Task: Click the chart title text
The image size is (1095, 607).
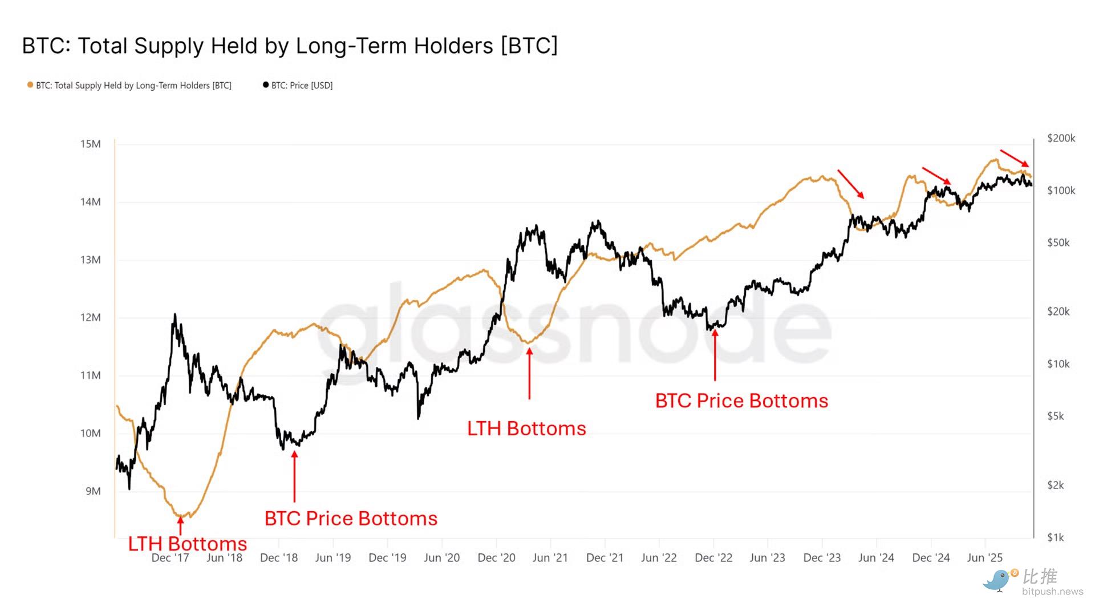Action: coord(290,46)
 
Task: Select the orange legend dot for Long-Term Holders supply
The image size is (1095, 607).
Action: coord(30,85)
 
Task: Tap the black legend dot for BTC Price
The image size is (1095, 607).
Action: coord(266,85)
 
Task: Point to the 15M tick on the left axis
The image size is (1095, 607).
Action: coord(90,144)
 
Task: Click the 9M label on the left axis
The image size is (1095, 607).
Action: coord(93,491)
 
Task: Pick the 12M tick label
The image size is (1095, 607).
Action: coord(90,317)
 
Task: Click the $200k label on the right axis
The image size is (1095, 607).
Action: coord(1061,138)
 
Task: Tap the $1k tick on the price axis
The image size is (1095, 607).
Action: coord(1055,537)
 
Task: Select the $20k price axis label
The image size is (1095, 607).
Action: coord(1058,311)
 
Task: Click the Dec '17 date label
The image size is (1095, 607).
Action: coord(170,558)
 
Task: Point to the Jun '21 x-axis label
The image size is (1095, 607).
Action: coord(550,558)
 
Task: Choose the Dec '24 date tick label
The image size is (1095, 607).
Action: coord(931,558)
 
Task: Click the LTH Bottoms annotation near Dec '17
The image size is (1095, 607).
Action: coord(187,544)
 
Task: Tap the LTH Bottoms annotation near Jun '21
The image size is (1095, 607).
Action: coord(526,428)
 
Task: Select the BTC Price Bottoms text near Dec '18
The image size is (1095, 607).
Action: coord(351,518)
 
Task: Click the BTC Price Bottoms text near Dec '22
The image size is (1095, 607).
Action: coord(741,400)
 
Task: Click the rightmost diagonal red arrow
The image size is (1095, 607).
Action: coord(1015,158)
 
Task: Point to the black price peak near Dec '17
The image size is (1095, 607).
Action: coord(175,315)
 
